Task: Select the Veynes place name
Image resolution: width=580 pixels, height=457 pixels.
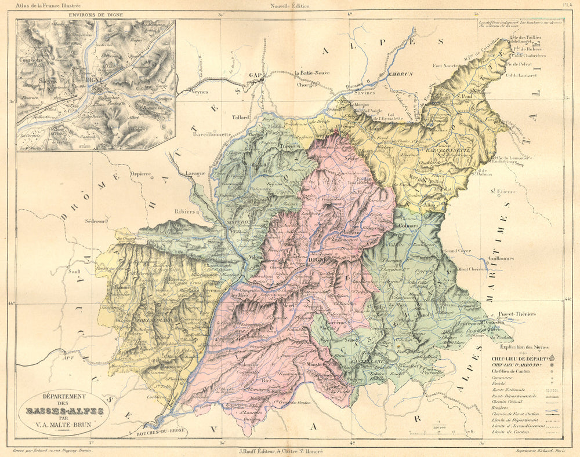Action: click(x=198, y=91)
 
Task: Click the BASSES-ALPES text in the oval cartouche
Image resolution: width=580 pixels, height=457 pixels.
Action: click(x=64, y=411)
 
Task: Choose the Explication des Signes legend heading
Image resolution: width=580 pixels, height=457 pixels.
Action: click(x=521, y=346)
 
